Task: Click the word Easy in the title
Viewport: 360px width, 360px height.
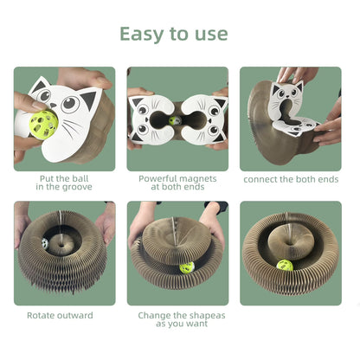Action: coord(141,35)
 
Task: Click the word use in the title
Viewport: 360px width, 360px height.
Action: coord(211,35)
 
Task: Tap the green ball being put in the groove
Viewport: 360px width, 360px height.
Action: coord(44,124)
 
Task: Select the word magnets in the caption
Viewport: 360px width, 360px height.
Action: coord(197,179)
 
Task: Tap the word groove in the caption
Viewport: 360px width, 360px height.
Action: coord(77,187)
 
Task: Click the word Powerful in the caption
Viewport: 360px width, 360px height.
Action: coord(157,179)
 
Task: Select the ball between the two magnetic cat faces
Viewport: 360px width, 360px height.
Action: coord(175,120)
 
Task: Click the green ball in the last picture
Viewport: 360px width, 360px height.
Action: coord(285,266)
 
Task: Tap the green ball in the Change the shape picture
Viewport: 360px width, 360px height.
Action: coord(187,268)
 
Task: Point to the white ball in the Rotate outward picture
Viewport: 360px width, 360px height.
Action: coord(45,244)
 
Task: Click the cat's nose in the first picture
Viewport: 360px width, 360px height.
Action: coord(53,105)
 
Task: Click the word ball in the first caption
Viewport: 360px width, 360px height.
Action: coord(80,179)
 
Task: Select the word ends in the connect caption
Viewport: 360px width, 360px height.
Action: coord(327,179)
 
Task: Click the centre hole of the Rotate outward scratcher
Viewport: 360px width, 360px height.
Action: coord(61,246)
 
